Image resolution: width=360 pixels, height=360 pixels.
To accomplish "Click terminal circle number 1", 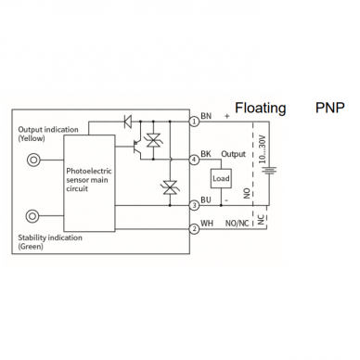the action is (194, 122).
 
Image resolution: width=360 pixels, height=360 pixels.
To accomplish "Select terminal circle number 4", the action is (194, 160).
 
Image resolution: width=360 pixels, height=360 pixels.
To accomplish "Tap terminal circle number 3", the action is (194, 205).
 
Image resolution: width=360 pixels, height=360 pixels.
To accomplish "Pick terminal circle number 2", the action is (194, 229).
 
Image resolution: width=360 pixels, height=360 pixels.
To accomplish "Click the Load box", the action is (221, 178).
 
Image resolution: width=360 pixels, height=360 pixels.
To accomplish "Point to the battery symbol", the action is (269, 171).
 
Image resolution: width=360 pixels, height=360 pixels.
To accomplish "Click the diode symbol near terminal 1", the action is (127, 122).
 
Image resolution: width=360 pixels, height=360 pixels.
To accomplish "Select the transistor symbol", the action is (136, 146).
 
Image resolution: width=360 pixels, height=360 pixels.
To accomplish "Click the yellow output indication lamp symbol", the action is (33, 160).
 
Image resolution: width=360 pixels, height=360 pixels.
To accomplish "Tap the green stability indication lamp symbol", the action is (33, 215).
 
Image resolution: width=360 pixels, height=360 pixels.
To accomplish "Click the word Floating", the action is (261, 109).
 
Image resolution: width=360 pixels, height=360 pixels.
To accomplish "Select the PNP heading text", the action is (329, 108).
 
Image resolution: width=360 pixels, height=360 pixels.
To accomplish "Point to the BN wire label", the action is (206, 116).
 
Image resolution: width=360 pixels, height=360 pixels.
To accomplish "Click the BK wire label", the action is (206, 154).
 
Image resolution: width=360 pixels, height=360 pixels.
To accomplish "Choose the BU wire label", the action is (206, 199).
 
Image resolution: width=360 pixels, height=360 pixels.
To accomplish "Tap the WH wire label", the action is (207, 223).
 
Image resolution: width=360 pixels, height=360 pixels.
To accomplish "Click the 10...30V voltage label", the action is (263, 149).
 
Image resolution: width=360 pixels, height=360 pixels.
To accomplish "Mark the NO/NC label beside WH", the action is (237, 224).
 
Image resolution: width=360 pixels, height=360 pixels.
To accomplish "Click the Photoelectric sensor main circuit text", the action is (89, 180).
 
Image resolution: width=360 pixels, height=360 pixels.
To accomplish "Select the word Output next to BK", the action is (233, 154).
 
